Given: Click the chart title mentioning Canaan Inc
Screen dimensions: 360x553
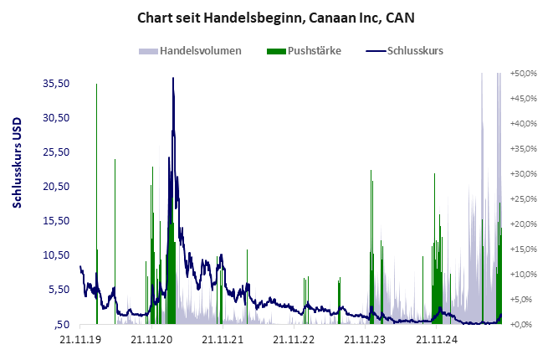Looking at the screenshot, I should point(276,17).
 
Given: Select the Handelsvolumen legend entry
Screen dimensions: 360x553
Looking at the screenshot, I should point(200,50).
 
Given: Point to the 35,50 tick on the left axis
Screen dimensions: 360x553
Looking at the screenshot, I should point(55,83).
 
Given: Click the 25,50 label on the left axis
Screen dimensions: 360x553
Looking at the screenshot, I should point(55,152).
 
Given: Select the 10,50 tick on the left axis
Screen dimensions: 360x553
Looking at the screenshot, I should point(55,255).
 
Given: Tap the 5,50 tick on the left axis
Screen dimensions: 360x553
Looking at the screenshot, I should point(58,289).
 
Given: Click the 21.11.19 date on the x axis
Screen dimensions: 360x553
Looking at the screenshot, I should point(79,339).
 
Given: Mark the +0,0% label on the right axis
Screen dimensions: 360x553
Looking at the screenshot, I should point(525,325).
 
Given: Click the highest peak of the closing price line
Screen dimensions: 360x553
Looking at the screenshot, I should point(172,78).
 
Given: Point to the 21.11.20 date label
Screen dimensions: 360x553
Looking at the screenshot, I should point(152,339).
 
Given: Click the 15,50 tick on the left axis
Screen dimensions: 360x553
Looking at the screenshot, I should point(55,220).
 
